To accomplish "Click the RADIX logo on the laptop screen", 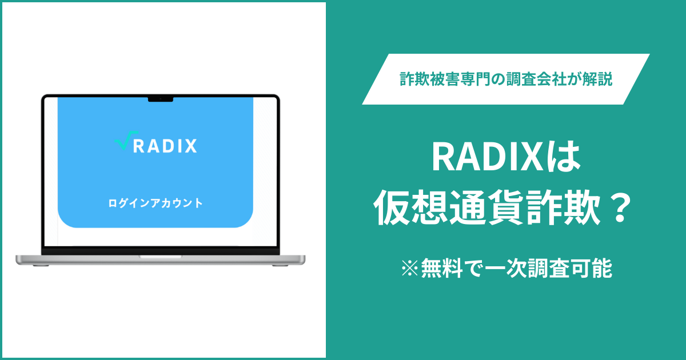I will point(155,146).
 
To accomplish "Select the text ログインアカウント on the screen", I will point(155,203).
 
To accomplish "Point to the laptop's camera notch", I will point(160,99).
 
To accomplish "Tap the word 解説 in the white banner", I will point(600,79).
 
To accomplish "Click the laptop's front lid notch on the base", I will point(160,257).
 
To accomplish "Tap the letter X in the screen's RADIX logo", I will point(190,146).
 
